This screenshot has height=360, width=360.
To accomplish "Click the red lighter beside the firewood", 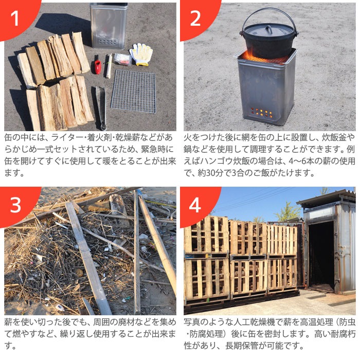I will coord(97,66).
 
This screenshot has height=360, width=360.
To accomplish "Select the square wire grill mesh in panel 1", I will coord(133,91).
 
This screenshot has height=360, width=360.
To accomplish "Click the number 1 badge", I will coord(15,18).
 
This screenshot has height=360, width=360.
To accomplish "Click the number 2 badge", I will coord(195,18).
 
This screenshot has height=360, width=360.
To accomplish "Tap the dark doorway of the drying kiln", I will coord(322,255).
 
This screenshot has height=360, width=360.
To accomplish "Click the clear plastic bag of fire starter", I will coord(122,59).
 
